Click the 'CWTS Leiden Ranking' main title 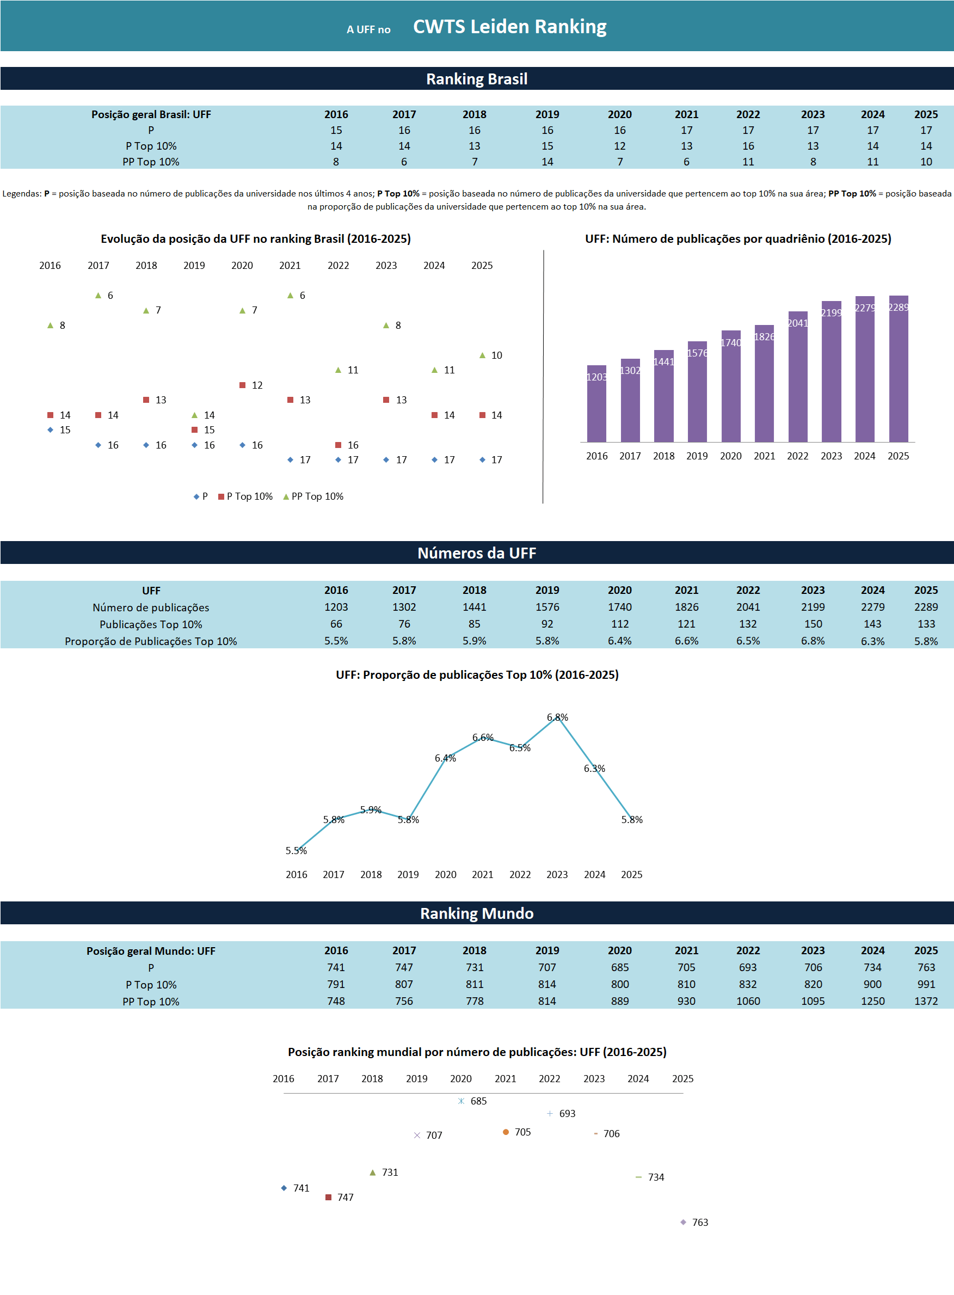[x=509, y=27]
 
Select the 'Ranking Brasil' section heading [x=476, y=79]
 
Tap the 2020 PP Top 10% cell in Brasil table [x=620, y=162]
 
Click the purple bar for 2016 [x=596, y=404]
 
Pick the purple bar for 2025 [x=898, y=370]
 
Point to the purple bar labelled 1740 [x=730, y=387]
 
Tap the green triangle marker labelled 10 [x=482, y=355]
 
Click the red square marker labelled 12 [x=243, y=385]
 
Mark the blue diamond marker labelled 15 [x=50, y=429]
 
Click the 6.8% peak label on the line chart [x=557, y=717]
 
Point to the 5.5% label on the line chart [x=296, y=851]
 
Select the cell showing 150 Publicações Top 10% [x=813, y=624]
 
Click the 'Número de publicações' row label [x=151, y=607]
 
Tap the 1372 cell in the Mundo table [x=926, y=1001]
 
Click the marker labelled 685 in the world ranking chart [x=461, y=1101]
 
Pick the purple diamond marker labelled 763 [x=683, y=1222]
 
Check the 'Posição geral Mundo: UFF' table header [x=151, y=951]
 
